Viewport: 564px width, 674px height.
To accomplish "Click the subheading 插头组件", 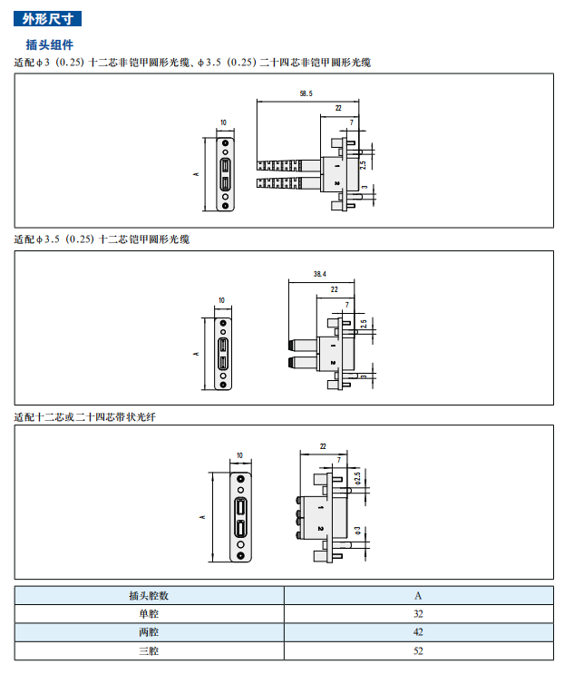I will (x=50, y=44).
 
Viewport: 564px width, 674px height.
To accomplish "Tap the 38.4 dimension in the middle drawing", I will (x=319, y=273).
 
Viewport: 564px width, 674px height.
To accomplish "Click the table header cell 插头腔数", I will (x=149, y=595).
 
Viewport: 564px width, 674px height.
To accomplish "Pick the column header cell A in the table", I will (x=418, y=595).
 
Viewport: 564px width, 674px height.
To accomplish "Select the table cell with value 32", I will (x=418, y=613).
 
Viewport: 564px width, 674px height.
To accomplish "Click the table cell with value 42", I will (x=418, y=632).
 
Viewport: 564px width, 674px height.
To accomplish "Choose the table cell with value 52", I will (x=418, y=651).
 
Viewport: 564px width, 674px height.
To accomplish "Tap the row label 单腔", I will (x=149, y=613).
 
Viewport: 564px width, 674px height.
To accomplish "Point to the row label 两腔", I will (x=149, y=632).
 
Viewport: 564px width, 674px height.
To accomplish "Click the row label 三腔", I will (x=149, y=651).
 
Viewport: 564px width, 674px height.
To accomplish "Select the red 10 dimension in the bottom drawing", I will (x=239, y=455).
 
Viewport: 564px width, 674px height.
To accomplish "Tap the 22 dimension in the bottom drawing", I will (x=324, y=446).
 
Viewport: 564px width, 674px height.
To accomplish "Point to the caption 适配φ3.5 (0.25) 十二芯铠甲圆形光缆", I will (x=102, y=239).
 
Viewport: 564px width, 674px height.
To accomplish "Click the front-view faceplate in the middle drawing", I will (x=223, y=353).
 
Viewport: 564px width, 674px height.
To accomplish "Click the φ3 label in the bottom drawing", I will (x=358, y=530).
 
